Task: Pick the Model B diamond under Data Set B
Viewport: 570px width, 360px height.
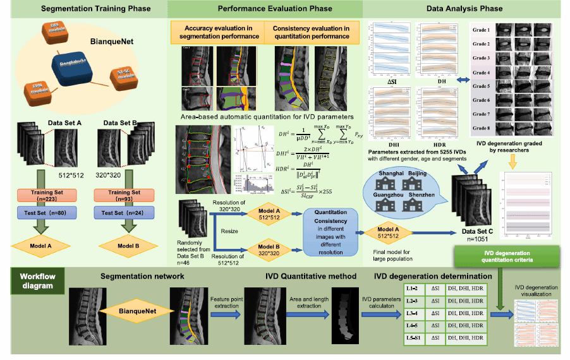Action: (124, 244)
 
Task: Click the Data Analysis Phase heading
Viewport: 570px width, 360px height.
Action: (474, 8)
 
